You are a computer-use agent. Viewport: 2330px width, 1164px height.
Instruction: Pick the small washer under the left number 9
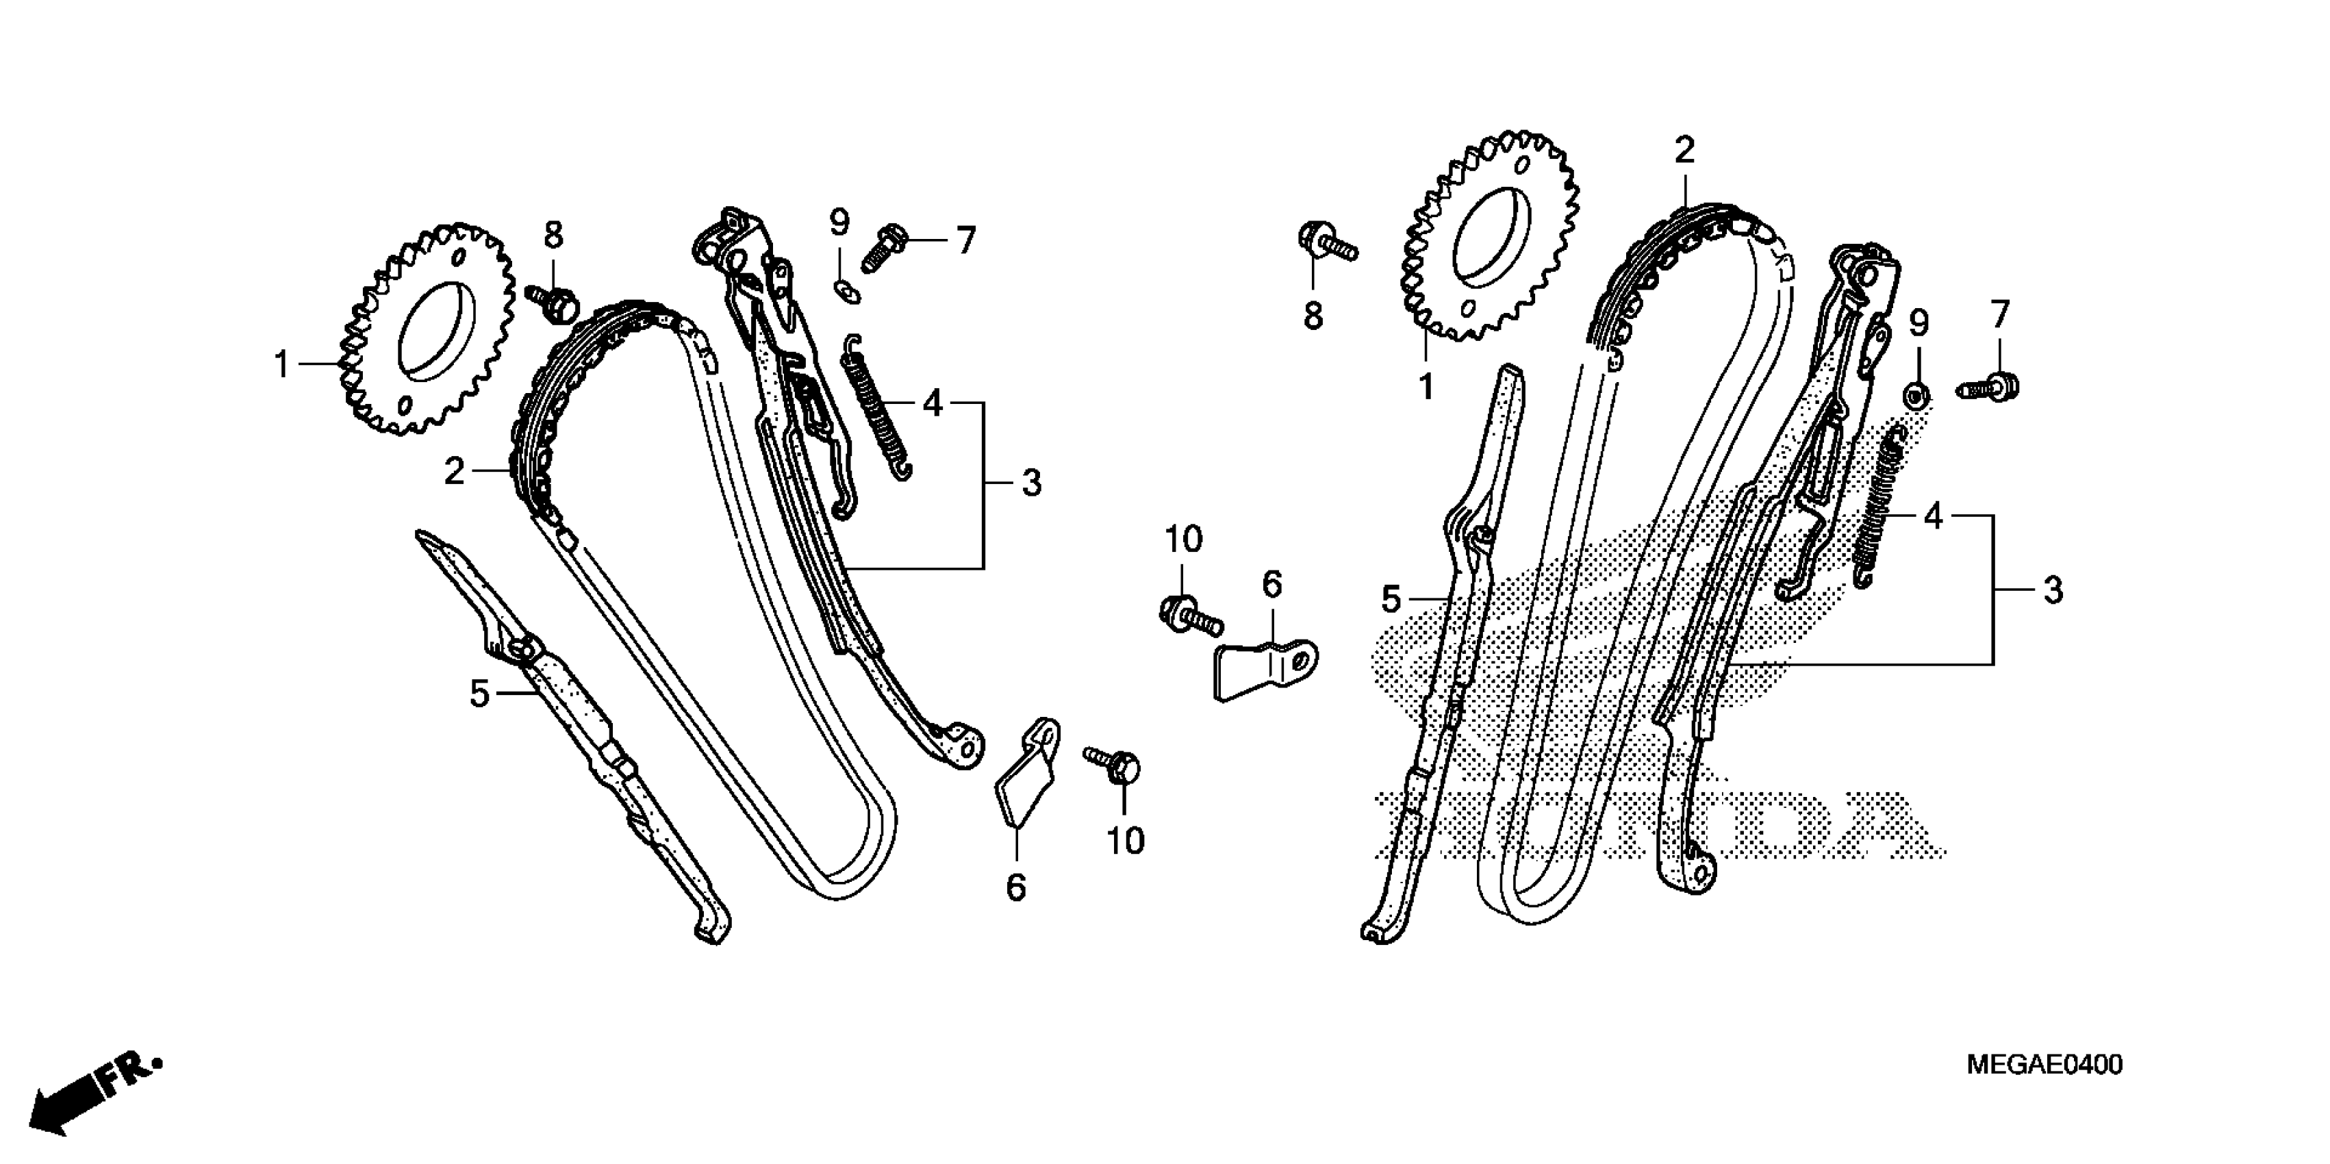tap(846, 291)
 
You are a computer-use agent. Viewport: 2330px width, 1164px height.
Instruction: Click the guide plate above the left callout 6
tap(1029, 773)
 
